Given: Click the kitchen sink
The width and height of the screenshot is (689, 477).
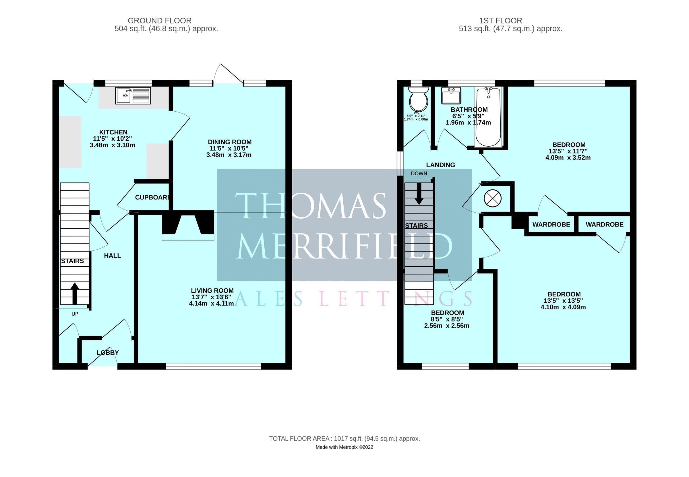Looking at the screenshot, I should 133,96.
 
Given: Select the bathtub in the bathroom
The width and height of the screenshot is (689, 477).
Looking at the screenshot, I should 488,117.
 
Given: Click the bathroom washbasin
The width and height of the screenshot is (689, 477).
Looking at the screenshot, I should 451,95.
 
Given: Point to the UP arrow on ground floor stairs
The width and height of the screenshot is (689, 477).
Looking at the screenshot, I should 75,293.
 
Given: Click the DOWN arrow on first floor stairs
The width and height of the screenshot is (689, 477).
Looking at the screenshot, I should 419,194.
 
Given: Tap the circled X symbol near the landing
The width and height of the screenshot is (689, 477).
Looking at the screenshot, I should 492,198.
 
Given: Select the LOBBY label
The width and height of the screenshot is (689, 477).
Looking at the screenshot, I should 108,353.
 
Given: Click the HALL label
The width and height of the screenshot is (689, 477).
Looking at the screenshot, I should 112,255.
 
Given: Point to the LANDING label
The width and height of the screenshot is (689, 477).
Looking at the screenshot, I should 440,165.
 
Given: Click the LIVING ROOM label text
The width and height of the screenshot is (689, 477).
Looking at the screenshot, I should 212,290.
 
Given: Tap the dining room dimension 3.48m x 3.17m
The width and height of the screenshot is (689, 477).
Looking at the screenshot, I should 229,155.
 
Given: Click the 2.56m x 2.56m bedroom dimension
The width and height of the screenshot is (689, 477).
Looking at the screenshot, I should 447,326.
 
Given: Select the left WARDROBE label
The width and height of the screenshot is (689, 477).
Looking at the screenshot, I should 551,224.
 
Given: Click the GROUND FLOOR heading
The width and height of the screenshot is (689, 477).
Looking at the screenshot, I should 159,21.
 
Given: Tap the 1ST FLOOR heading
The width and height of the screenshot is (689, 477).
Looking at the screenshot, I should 500,21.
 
